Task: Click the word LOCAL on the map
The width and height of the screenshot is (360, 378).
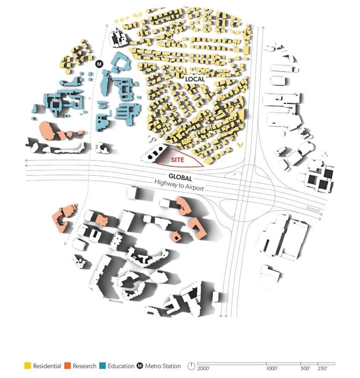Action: pyautogui.click(x=195, y=79)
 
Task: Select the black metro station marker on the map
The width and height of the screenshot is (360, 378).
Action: pyautogui.click(x=98, y=64)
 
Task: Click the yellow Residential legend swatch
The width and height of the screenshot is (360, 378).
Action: pyautogui.click(x=28, y=366)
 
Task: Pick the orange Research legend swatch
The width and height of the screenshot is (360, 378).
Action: pyautogui.click(x=67, y=366)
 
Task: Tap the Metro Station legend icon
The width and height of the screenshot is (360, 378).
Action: pyautogui.click(x=140, y=366)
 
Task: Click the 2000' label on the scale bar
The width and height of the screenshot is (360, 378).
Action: pyautogui.click(x=204, y=369)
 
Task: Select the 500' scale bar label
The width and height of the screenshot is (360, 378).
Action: pyautogui.click(x=305, y=369)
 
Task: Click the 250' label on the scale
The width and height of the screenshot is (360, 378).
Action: pyautogui.click(x=323, y=369)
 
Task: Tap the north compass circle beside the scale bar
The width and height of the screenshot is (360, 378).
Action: pyautogui.click(x=191, y=366)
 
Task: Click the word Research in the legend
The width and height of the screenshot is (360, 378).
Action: pyautogui.click(x=85, y=366)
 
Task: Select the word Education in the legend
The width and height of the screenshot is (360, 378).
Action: pyautogui.click(x=121, y=366)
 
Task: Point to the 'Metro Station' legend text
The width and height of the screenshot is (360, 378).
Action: pyautogui.click(x=163, y=366)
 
